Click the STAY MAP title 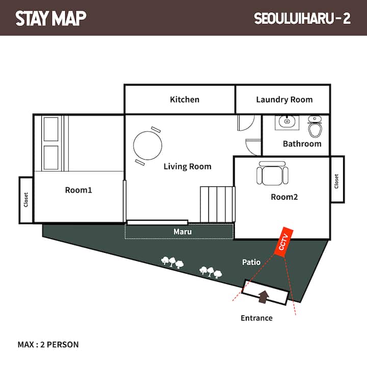(x=51, y=18)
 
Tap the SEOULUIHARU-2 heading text (x=302, y=18)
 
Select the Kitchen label (x=185, y=99)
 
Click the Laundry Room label (x=284, y=99)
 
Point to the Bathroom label (x=302, y=144)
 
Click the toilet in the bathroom (x=315, y=126)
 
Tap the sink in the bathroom (x=287, y=122)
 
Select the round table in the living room (x=147, y=146)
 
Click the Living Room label (x=188, y=166)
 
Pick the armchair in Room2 (x=272, y=173)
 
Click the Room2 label (x=284, y=197)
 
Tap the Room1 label (x=78, y=190)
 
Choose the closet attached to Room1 (x=26, y=200)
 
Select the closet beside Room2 (x=337, y=179)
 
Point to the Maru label (x=182, y=232)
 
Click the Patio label (x=251, y=262)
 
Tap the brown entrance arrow (x=264, y=297)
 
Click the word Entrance (x=257, y=318)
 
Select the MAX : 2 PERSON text (x=48, y=345)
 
